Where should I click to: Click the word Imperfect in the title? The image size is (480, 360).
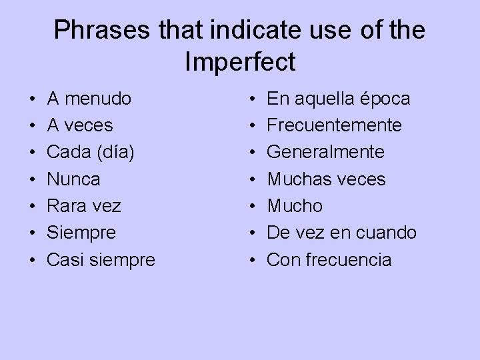240,61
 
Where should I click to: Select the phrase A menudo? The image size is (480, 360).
89,99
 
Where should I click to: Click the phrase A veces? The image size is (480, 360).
79,125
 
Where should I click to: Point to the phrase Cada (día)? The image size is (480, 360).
91,152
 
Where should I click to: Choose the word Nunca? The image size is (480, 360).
73,179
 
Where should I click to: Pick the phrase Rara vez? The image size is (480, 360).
83,206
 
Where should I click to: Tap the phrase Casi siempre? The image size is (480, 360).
100,260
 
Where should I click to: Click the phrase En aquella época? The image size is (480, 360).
339,99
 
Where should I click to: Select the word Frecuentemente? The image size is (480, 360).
334,125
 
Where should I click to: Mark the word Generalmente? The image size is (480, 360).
325,152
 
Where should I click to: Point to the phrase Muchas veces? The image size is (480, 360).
326,179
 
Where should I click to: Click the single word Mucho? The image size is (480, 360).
294,206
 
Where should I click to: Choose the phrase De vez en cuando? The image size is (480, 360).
341,233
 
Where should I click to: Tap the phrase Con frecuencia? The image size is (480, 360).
329,259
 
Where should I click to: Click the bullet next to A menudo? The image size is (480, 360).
33,100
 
